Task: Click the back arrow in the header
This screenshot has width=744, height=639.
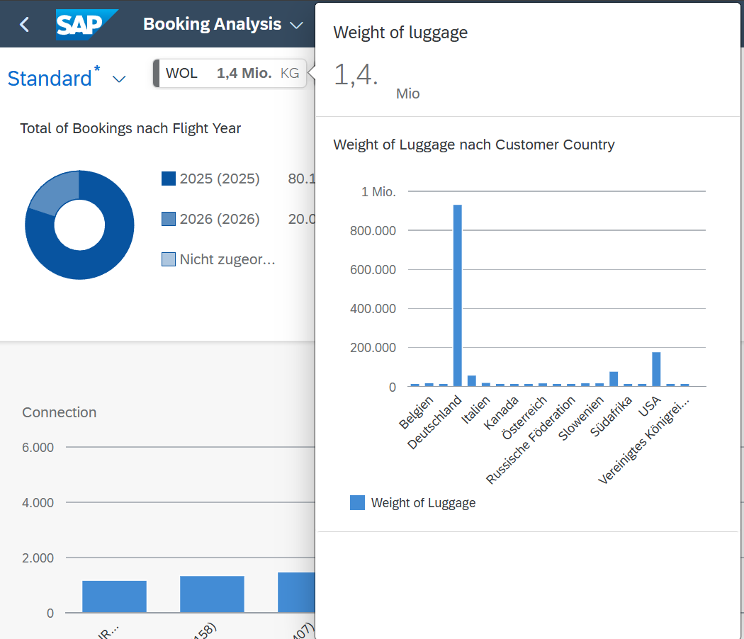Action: tap(25, 25)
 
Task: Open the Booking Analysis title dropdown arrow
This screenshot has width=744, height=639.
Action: tap(296, 26)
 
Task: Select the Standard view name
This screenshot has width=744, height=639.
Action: tap(50, 78)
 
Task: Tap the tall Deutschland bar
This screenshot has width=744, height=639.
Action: tap(458, 295)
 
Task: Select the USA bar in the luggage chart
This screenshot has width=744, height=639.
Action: tap(656, 368)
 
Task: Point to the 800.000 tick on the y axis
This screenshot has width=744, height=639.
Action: tap(373, 231)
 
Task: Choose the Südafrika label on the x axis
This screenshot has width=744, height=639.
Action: tap(606, 417)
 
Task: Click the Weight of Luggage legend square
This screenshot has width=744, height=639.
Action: tap(358, 503)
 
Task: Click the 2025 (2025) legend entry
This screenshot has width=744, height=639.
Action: tap(220, 179)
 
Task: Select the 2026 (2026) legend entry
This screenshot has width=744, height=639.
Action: tap(220, 219)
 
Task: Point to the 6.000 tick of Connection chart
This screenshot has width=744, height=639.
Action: tap(39, 448)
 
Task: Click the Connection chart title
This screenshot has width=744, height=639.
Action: tap(59, 412)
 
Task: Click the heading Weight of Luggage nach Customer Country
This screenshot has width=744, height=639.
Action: tap(474, 145)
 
